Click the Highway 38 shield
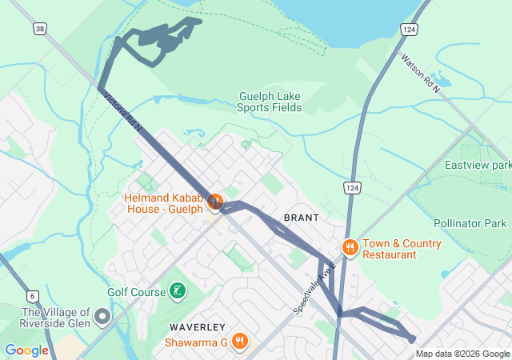[39, 28]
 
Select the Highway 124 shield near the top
[409, 29]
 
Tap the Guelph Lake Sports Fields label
[270, 102]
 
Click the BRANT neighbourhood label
[301, 218]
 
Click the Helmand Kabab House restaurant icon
[214, 201]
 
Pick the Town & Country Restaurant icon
[349, 248]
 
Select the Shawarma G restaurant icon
[239, 342]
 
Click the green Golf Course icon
[177, 292]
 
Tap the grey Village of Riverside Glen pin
[102, 317]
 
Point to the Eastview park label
[478, 165]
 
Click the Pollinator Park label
[470, 223]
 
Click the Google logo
[26, 350]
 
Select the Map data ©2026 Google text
[462, 354]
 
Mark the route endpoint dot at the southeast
[412, 339]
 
